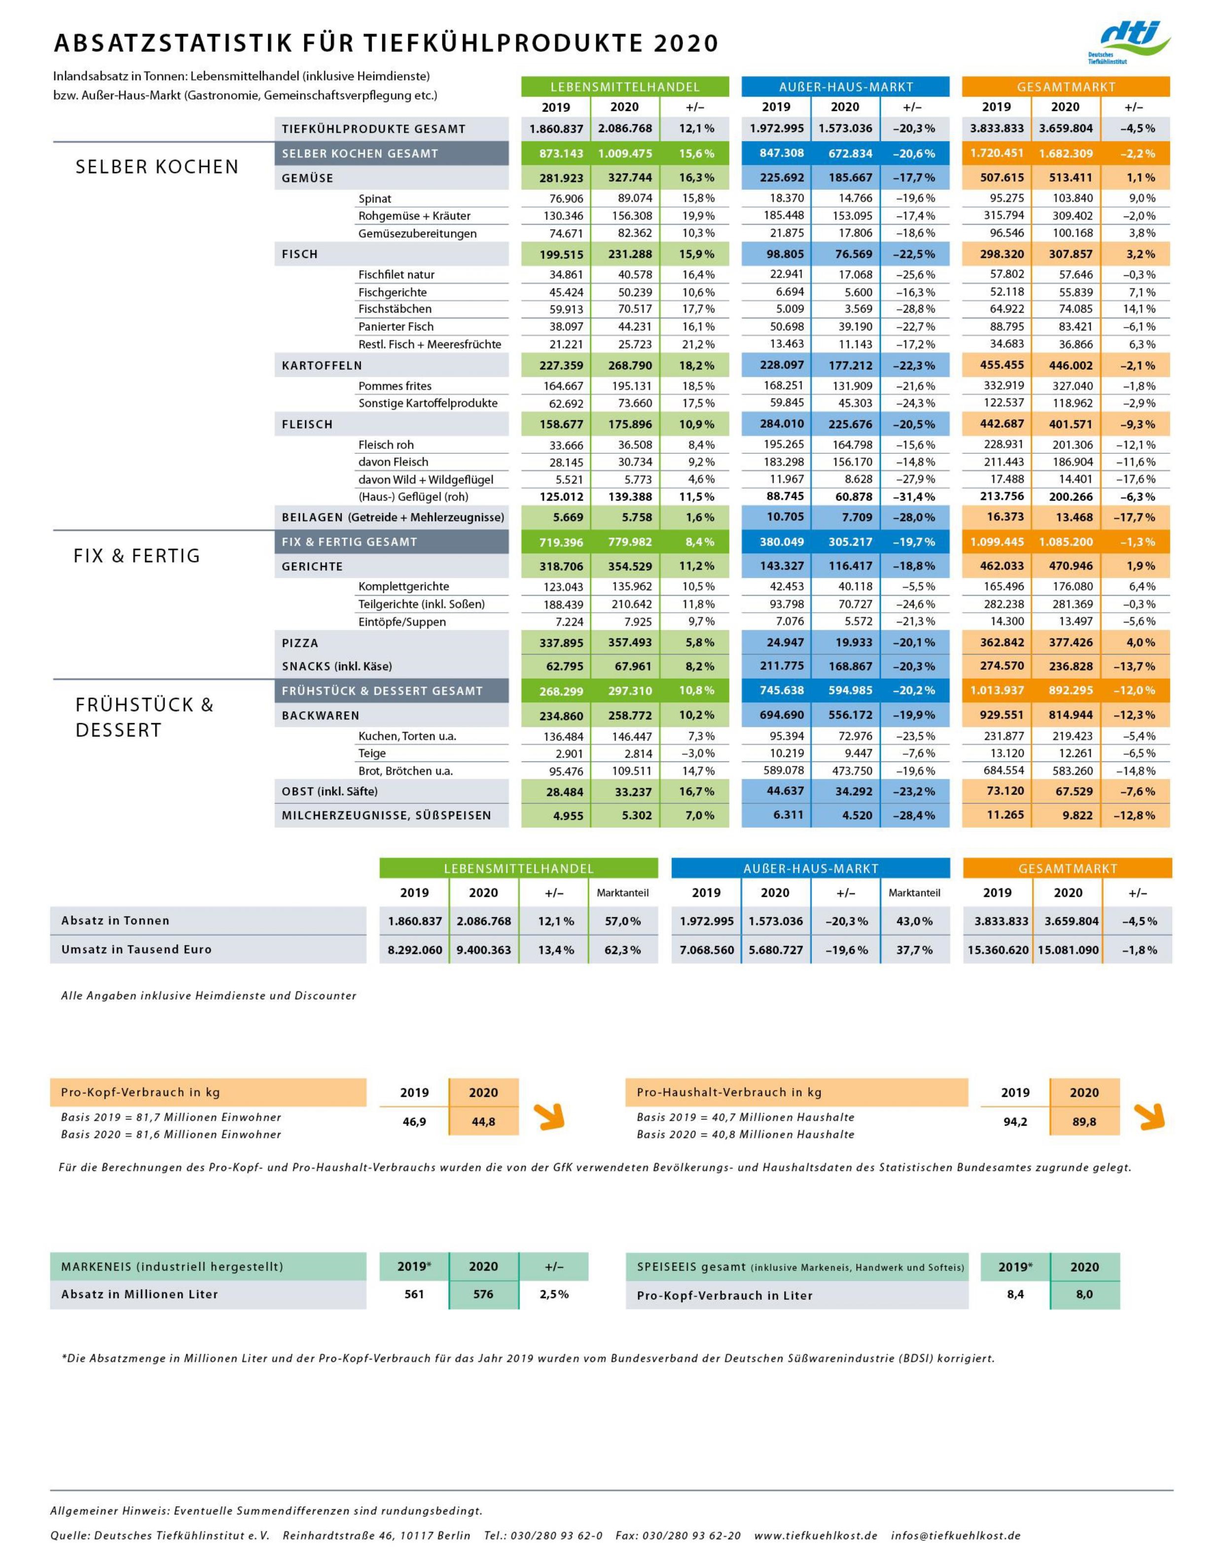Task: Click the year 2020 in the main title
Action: pos(685,44)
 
